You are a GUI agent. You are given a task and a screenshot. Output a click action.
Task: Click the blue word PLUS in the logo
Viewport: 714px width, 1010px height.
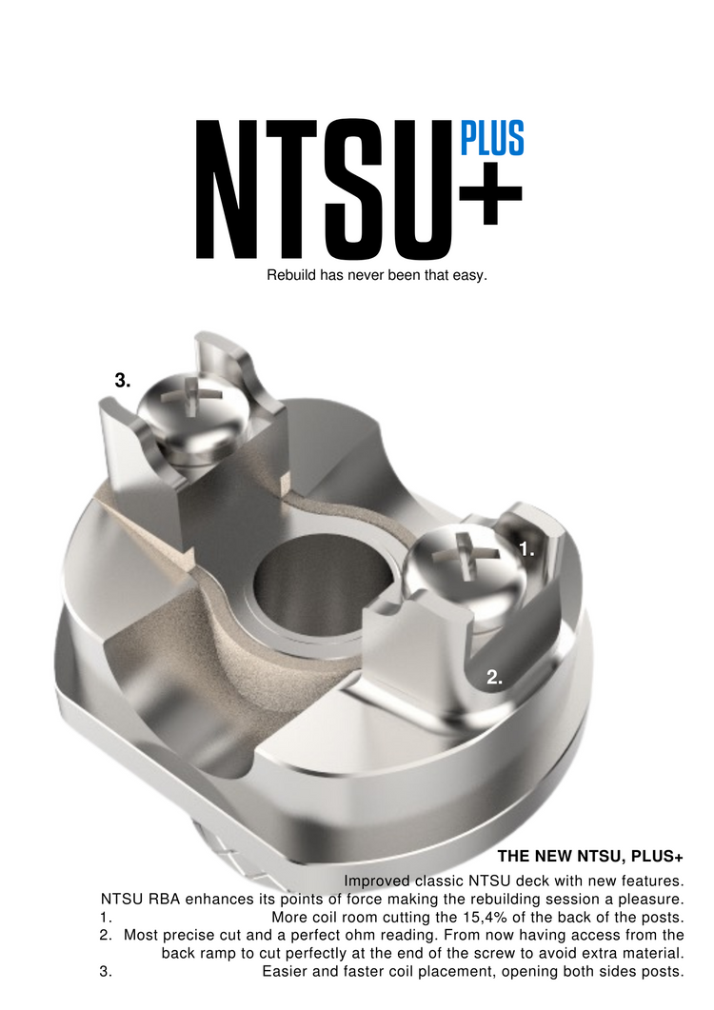pos(492,140)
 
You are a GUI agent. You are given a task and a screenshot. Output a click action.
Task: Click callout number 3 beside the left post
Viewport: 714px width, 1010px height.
pos(122,381)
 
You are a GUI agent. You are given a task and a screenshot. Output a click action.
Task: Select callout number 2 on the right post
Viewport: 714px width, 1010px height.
pos(494,678)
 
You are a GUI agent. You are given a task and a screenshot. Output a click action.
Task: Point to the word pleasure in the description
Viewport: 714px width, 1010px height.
pos(650,899)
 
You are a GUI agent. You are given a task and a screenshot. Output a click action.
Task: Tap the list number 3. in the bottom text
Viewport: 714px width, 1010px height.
pos(106,972)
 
